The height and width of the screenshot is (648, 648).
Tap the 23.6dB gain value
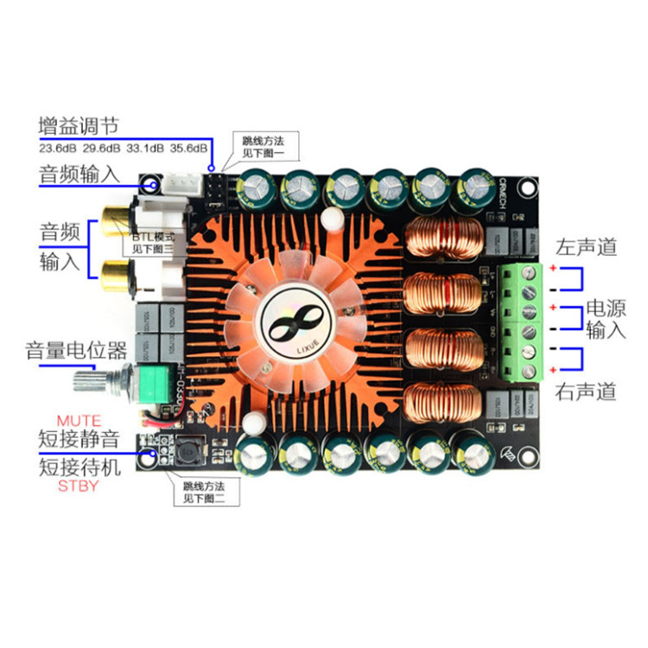tap(56, 149)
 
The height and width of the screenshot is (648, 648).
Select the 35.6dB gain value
tap(187, 149)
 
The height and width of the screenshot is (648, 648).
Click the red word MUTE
tap(79, 421)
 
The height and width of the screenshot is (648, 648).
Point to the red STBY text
tap(79, 486)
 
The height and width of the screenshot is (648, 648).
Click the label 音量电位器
tap(76, 351)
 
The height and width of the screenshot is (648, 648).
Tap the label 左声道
tap(587, 246)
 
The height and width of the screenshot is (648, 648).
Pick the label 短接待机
tap(79, 467)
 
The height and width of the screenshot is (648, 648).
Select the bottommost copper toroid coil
tap(441, 400)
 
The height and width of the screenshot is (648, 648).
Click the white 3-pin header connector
tap(179, 184)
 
